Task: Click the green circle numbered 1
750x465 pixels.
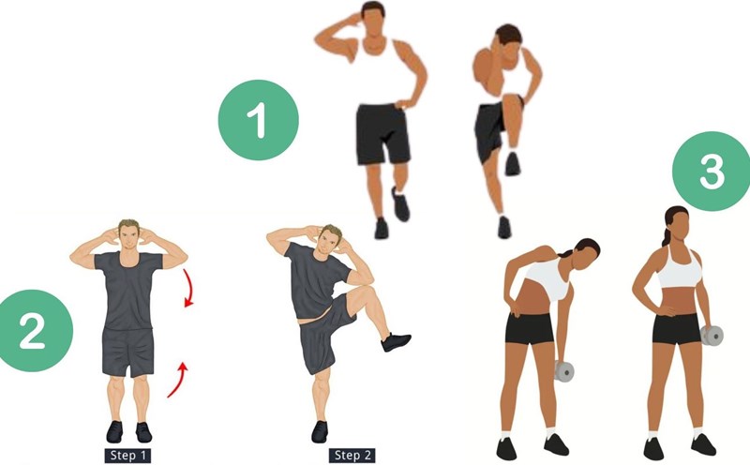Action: [259, 120]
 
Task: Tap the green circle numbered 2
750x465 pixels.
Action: [33, 331]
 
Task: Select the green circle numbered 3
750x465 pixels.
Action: [712, 172]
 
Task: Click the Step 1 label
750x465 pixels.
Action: [127, 455]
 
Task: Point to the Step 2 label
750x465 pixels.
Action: [352, 455]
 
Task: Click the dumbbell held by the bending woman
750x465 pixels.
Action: [564, 371]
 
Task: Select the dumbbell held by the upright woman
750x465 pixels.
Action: [712, 336]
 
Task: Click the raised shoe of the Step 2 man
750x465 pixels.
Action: [396, 341]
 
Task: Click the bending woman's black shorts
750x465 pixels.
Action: [530, 328]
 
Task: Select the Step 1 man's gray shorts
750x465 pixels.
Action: [128, 352]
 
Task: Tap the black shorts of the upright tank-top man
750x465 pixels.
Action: [382, 134]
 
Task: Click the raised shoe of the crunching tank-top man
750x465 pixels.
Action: [512, 164]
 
